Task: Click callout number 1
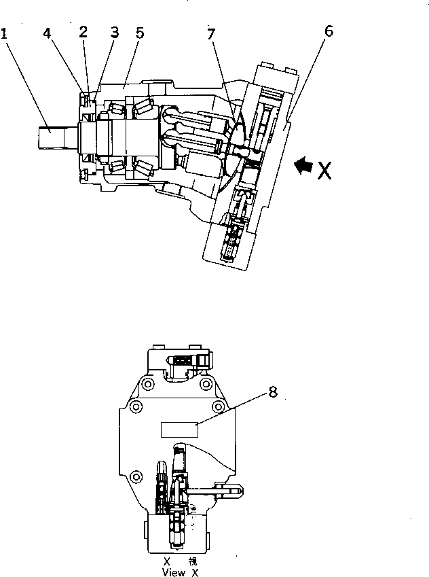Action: (5, 33)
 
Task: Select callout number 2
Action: (83, 32)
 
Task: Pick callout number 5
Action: (139, 33)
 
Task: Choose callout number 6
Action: (329, 33)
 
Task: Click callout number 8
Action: (273, 391)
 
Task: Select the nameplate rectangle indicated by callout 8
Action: (179, 429)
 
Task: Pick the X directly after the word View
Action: (195, 572)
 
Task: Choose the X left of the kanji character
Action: (166, 562)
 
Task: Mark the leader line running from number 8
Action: (234, 409)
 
